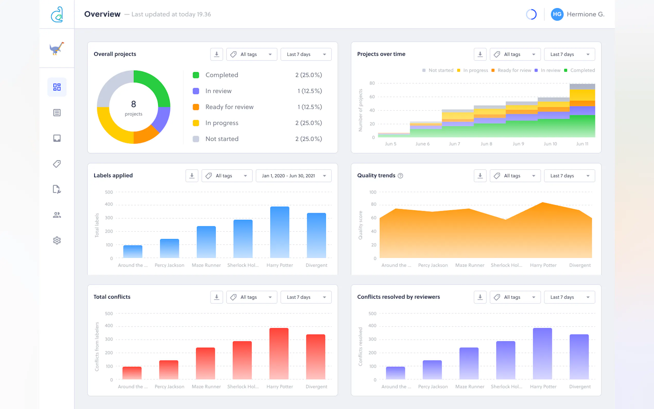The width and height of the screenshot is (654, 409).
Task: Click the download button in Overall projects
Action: click(x=217, y=54)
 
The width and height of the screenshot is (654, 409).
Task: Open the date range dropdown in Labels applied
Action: click(x=293, y=176)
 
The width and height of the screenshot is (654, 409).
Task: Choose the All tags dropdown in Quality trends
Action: click(x=515, y=176)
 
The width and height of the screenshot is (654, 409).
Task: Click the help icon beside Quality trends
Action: click(x=400, y=176)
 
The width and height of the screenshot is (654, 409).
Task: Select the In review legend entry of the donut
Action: click(x=218, y=91)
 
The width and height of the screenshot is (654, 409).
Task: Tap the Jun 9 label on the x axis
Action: click(x=518, y=144)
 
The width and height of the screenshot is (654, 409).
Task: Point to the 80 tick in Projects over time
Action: click(x=372, y=83)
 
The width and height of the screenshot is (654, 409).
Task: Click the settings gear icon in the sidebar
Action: click(x=57, y=241)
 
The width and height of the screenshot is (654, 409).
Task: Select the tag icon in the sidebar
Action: click(x=57, y=164)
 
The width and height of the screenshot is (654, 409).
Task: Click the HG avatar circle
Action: click(x=557, y=14)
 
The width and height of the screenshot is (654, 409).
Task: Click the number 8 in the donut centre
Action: click(x=134, y=104)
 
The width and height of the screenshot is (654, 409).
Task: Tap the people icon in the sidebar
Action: click(x=57, y=215)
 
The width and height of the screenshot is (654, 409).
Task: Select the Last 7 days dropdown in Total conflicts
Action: click(x=306, y=297)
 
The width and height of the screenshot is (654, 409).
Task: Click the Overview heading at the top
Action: click(x=102, y=14)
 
